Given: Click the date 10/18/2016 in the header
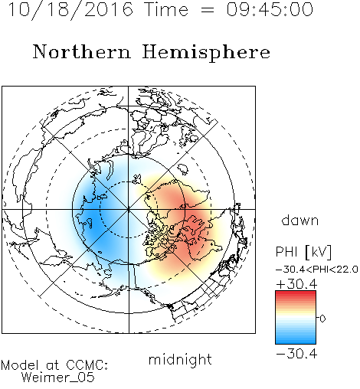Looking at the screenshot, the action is click(x=70, y=10).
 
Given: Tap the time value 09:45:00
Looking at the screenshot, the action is click(x=270, y=9).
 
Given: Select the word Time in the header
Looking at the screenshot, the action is click(x=167, y=9).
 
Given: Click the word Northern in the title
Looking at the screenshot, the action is click(x=82, y=51).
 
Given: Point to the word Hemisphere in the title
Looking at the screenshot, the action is click(x=206, y=53).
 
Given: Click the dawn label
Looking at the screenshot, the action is click(x=300, y=221).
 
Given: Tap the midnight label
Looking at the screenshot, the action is click(x=180, y=359).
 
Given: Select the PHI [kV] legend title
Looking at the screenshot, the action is click(x=303, y=252).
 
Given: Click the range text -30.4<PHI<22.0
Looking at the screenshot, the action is click(x=317, y=270).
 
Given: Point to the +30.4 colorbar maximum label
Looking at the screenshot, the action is click(x=296, y=284).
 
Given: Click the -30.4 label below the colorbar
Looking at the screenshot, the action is click(x=296, y=354).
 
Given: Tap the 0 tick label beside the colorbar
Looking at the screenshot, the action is click(x=322, y=319).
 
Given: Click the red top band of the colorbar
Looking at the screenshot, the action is click(x=296, y=293).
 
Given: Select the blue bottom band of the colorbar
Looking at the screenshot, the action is click(x=296, y=341).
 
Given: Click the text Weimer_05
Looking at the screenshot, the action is click(x=58, y=378).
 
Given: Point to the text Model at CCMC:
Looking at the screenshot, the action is click(x=54, y=365).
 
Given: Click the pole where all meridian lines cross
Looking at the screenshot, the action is click(x=129, y=209).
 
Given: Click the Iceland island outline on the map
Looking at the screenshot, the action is click(x=183, y=169).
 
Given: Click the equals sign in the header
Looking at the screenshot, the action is click(x=208, y=10).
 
